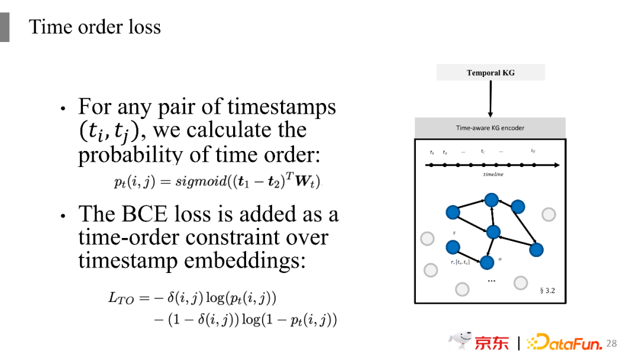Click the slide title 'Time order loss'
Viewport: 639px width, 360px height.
[95, 27]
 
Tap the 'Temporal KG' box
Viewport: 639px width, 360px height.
[490, 73]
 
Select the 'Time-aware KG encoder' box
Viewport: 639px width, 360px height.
[490, 128]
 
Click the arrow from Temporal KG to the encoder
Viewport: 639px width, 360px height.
[490, 98]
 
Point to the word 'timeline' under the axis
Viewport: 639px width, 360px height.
[493, 175]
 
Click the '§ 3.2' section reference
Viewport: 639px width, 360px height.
[547, 291]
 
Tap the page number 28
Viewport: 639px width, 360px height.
[612, 343]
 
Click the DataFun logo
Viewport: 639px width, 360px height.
[564, 343]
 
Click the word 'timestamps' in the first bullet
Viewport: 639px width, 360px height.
[282, 107]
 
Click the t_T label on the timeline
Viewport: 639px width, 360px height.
[533, 152]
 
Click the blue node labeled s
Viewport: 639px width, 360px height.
[453, 247]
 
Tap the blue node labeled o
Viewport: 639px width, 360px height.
[486, 262]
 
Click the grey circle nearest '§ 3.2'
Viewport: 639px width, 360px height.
[521, 282]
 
